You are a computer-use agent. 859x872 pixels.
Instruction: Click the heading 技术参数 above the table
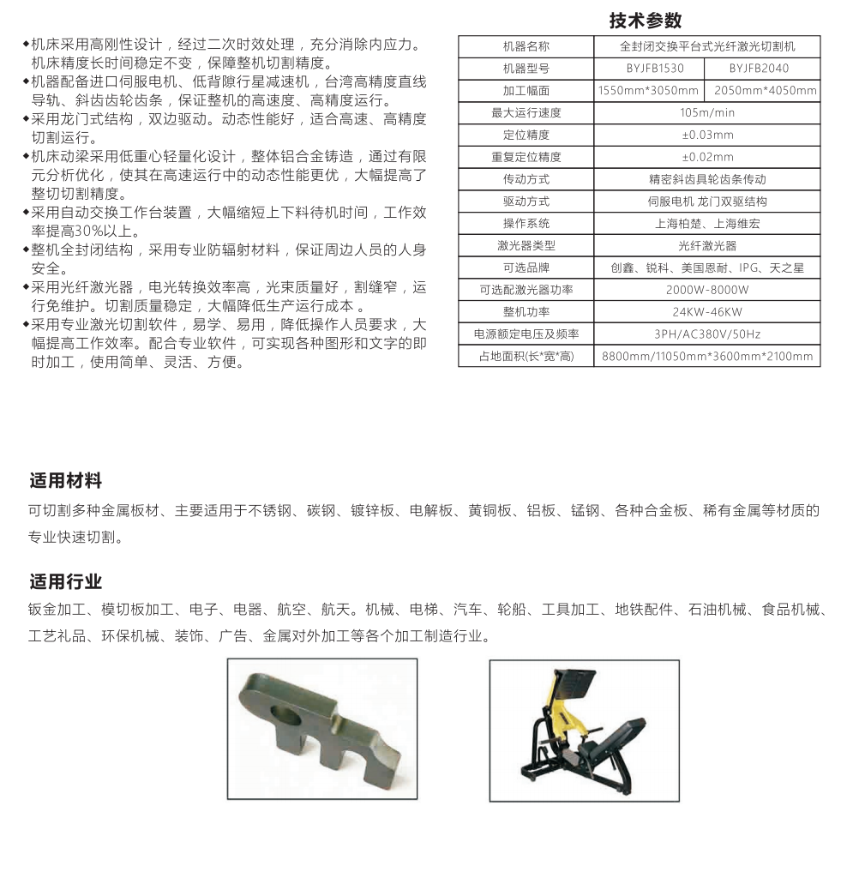[645, 20]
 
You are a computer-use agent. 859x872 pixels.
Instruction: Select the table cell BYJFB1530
[649, 69]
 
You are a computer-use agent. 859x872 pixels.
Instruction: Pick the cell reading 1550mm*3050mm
[649, 91]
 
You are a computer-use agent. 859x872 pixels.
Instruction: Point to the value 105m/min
[707, 113]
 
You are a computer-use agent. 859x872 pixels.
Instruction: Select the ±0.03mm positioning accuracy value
[707, 135]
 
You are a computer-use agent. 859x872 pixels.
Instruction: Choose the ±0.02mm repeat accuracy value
[707, 158]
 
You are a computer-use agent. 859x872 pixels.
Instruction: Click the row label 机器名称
[526, 46]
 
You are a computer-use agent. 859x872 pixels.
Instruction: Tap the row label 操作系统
[526, 224]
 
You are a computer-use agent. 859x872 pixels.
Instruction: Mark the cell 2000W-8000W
[707, 291]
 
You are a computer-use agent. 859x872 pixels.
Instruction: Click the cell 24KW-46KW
[707, 313]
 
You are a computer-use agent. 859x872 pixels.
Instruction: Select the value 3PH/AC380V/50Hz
[707, 334]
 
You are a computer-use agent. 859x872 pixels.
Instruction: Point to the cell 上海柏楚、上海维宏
[707, 224]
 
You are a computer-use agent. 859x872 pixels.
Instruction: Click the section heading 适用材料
[66, 480]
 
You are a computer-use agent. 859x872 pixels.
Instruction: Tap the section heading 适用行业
[66, 582]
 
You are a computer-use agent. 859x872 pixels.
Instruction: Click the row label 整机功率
[526, 313]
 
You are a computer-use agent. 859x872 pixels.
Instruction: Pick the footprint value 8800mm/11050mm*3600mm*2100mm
[707, 357]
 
